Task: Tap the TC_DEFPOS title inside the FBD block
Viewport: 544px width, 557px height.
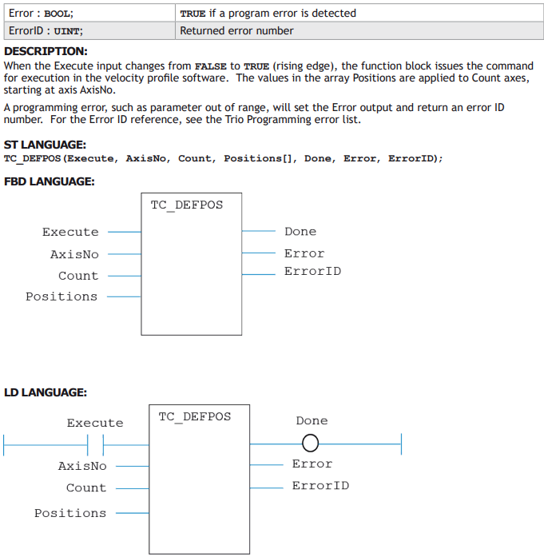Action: coord(187,205)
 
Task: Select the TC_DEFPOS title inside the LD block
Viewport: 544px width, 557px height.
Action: coord(195,416)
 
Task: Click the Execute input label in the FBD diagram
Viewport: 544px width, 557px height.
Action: coord(70,232)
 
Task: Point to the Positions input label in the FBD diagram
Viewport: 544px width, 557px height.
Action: coord(62,296)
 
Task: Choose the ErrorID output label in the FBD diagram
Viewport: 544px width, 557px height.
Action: coord(312,272)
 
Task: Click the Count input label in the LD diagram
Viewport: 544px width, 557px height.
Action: coord(86,487)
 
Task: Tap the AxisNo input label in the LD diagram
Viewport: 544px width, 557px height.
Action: coord(82,466)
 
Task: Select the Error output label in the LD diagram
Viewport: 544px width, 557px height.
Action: coord(312,464)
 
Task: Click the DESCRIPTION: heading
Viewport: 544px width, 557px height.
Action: coord(46,51)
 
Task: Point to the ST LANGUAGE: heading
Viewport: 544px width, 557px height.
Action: coord(45,145)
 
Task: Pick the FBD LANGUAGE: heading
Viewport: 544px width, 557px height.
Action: coord(49,181)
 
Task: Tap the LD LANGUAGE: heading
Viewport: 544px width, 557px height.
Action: coord(45,392)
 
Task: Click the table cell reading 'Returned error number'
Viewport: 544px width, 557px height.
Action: coord(359,31)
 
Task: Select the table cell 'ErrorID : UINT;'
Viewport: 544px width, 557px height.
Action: coord(89,31)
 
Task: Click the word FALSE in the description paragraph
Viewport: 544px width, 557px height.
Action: coord(211,66)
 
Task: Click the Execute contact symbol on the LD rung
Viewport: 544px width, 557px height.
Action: coord(96,445)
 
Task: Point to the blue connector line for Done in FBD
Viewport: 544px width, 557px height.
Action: coord(259,231)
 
